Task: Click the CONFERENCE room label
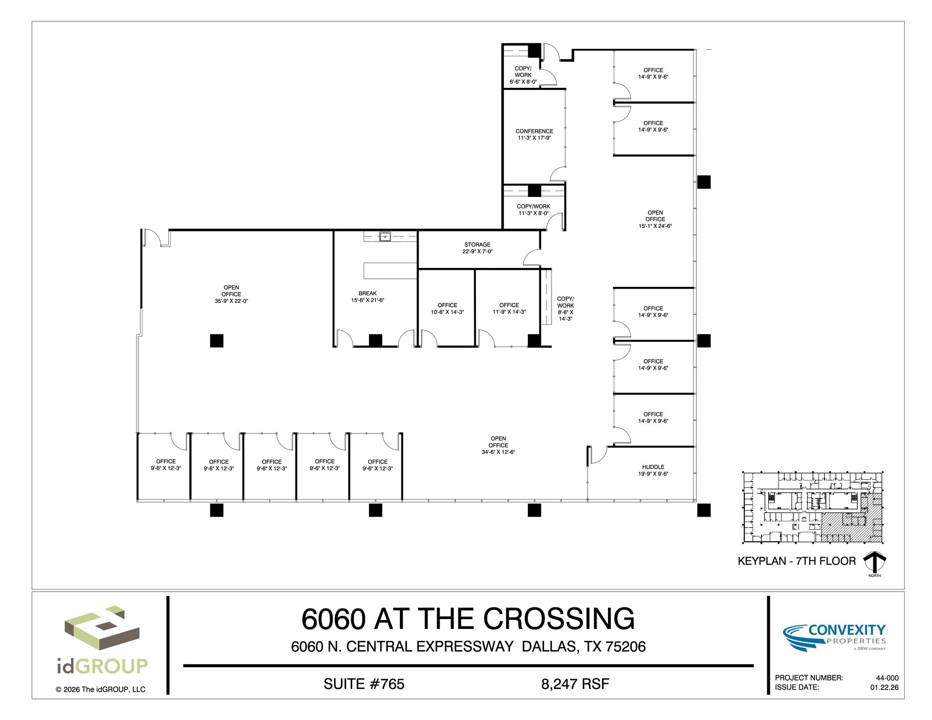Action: point(534,131)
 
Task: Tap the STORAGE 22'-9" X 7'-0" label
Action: point(477,248)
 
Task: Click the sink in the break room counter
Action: point(385,236)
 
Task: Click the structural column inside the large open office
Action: point(217,341)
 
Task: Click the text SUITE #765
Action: point(364,684)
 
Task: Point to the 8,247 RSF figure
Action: point(575,684)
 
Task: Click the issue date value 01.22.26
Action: point(884,687)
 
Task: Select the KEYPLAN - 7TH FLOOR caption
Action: point(796,561)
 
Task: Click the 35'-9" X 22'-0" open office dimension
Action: point(231,301)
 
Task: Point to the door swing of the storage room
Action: point(532,258)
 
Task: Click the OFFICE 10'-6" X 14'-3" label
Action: point(447,308)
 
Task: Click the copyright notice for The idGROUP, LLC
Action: point(101,690)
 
